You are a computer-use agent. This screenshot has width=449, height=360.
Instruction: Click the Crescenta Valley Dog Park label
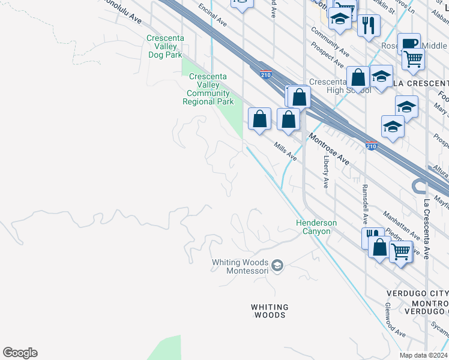tap(165, 46)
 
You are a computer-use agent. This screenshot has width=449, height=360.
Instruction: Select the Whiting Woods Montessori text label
tap(241, 266)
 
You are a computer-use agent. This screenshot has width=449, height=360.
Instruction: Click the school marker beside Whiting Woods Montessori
tap(277, 265)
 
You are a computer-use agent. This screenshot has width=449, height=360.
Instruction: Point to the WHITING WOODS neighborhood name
tap(270, 311)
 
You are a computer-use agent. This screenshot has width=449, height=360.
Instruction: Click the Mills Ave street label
tap(285, 151)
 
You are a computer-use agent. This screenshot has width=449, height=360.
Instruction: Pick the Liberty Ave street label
tap(326, 172)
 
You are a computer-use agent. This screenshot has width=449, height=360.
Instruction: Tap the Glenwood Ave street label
tap(394, 325)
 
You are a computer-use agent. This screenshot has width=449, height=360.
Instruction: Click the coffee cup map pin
tap(409, 43)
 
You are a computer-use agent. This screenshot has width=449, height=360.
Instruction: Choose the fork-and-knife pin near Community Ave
tap(369, 25)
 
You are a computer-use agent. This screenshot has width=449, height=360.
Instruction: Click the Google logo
tap(20, 353)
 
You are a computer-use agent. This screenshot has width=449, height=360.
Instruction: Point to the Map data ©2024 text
tap(423, 355)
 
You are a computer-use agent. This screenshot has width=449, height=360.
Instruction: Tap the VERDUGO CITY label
tap(416, 293)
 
